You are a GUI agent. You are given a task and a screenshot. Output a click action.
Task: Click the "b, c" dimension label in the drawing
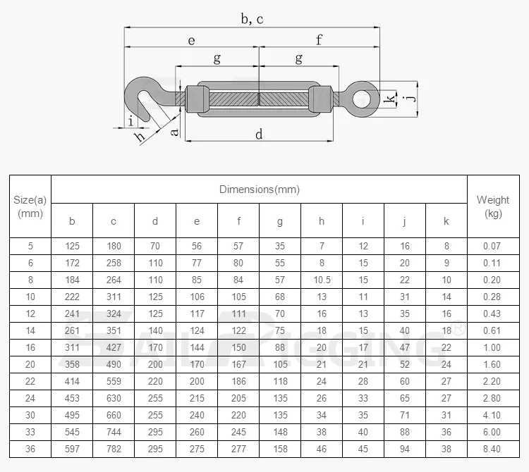click(252, 19)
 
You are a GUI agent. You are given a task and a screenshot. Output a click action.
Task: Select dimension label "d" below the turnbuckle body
click(259, 134)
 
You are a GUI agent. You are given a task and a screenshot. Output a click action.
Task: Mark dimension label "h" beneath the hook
click(140, 136)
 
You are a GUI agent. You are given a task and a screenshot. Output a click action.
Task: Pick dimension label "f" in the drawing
click(319, 40)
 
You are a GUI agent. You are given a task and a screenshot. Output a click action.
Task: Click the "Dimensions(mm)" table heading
click(259, 189)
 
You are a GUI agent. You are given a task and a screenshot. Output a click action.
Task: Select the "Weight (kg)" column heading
click(493, 206)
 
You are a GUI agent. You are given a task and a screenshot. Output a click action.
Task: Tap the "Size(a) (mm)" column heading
click(30, 206)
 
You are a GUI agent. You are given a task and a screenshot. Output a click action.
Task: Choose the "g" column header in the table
click(280, 221)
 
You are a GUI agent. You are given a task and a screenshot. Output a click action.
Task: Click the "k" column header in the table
click(446, 221)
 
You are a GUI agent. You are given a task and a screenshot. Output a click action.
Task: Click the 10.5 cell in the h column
click(322, 280)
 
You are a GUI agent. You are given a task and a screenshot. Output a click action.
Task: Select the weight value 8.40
click(493, 449)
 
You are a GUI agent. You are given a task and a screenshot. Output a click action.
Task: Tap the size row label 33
click(30, 432)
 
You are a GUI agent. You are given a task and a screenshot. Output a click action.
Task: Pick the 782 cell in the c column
click(114, 449)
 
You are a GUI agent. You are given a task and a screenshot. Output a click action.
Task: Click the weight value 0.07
click(493, 246)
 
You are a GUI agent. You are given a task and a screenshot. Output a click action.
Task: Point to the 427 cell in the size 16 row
click(114, 347)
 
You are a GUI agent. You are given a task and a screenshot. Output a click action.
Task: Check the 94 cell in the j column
click(405, 449)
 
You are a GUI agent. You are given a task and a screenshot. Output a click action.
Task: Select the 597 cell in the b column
click(72, 449)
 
